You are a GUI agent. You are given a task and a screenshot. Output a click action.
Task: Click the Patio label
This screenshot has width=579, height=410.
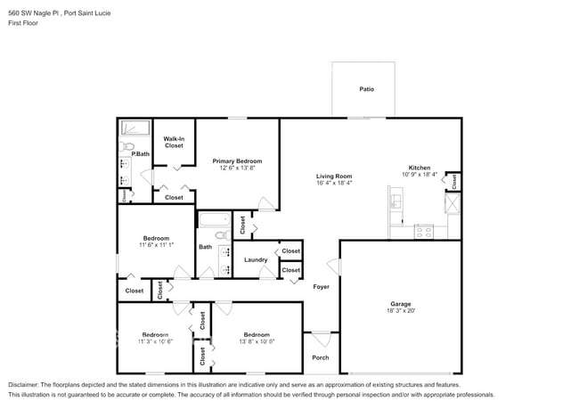366,89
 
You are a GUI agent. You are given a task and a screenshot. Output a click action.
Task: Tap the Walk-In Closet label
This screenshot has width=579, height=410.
174,142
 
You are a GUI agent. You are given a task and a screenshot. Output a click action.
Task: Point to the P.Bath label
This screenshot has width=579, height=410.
141,154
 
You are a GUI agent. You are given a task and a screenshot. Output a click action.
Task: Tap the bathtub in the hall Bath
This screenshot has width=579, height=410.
214,219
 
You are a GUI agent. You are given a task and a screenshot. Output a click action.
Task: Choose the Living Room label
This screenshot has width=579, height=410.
334,176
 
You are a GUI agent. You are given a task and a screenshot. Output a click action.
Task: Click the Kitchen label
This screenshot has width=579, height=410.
419,168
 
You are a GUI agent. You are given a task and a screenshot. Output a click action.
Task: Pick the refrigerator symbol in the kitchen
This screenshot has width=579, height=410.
453,204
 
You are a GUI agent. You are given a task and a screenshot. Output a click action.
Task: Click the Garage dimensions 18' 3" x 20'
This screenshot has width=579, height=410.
400,311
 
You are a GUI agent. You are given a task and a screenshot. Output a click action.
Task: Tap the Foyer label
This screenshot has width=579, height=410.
321,286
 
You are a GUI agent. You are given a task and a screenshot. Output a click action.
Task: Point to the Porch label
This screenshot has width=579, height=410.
320,357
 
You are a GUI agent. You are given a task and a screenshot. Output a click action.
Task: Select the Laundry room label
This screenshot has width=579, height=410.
256,260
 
